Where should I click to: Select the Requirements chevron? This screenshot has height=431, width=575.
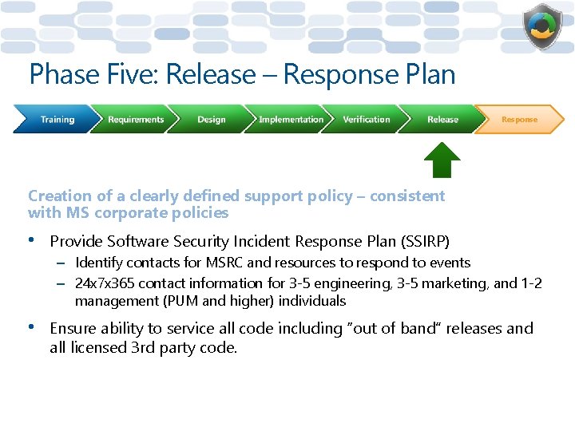(x=136, y=120)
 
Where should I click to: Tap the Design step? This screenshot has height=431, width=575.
(x=212, y=120)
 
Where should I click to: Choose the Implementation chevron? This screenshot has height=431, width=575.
(x=291, y=120)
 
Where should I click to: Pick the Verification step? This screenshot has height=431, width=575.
(x=367, y=120)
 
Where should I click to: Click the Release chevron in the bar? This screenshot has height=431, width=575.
(x=442, y=120)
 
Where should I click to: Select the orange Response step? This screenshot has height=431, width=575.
(x=519, y=120)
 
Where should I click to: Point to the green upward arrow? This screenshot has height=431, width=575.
(x=442, y=160)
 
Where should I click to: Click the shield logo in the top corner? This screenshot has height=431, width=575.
(x=542, y=26)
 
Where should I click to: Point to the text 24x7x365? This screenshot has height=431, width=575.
(x=103, y=283)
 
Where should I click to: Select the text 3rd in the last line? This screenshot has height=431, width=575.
(x=143, y=348)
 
